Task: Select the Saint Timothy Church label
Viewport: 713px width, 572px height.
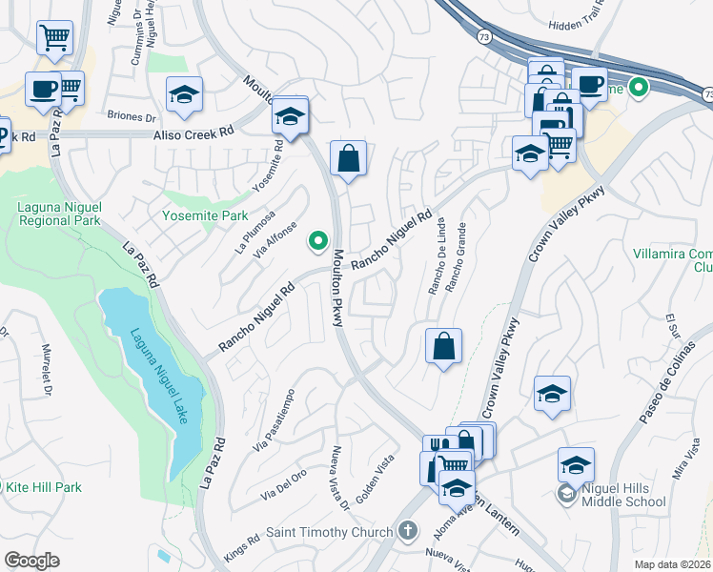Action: [x=329, y=532]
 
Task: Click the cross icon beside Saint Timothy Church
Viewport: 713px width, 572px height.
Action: [x=407, y=531]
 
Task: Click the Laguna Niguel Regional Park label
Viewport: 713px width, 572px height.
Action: [x=59, y=213]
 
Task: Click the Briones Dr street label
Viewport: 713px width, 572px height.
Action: [x=132, y=118]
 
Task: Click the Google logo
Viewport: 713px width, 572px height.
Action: [x=31, y=560]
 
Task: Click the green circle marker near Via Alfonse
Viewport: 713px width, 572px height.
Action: [x=317, y=242]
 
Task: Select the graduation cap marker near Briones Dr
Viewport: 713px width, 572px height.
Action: [x=184, y=93]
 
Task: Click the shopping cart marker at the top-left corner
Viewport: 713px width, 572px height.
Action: [x=54, y=38]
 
